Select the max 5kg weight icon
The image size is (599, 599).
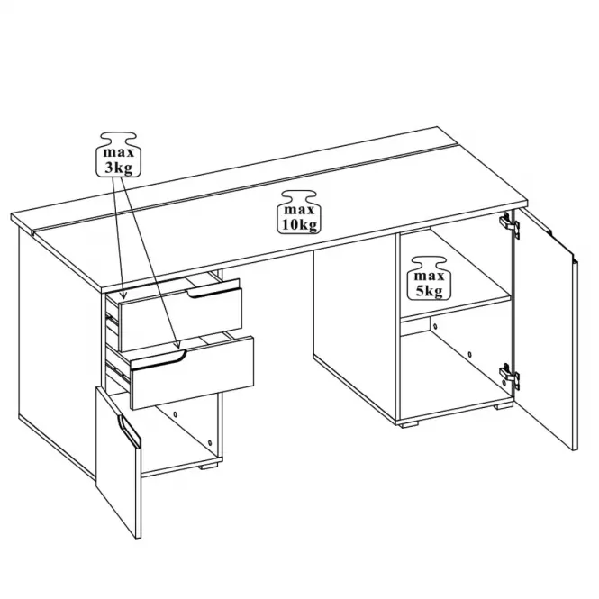[429, 278]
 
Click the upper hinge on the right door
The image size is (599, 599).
[510, 224]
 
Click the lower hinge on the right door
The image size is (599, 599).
[510, 376]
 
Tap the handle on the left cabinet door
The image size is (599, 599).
[129, 431]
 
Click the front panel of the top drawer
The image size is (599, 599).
[181, 320]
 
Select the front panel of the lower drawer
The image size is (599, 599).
[192, 373]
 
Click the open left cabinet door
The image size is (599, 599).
[118, 462]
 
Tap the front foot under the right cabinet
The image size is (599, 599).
[408, 423]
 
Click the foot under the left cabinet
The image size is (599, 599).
[209, 466]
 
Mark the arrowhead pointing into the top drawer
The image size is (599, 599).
[123, 295]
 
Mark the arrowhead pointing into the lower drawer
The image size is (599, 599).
[177, 345]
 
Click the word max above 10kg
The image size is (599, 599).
[299, 209]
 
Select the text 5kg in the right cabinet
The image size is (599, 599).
[429, 291]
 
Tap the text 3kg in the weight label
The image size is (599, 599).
[118, 168]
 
